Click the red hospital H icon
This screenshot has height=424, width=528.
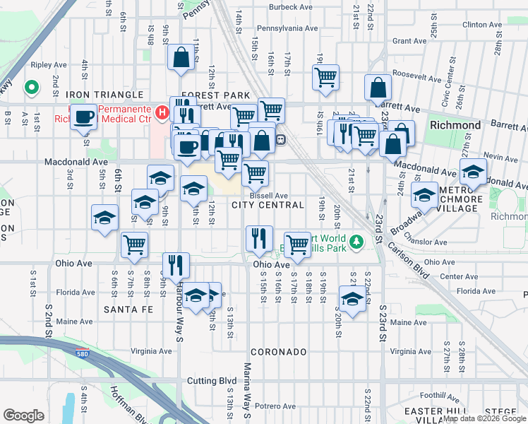[162, 112]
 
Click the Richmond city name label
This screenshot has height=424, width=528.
[455, 125]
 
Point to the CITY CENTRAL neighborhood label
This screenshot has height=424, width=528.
[268, 206]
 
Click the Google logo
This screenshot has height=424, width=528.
[23, 415]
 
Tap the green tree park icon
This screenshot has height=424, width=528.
[357, 243]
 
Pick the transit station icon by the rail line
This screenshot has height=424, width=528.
[280, 140]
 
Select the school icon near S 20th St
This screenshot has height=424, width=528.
[352, 298]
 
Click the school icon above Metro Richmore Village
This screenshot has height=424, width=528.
[473, 171]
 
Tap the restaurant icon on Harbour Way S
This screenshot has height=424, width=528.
[176, 265]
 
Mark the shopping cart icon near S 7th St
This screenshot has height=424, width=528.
[134, 245]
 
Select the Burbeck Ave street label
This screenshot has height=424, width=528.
[291, 8]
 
